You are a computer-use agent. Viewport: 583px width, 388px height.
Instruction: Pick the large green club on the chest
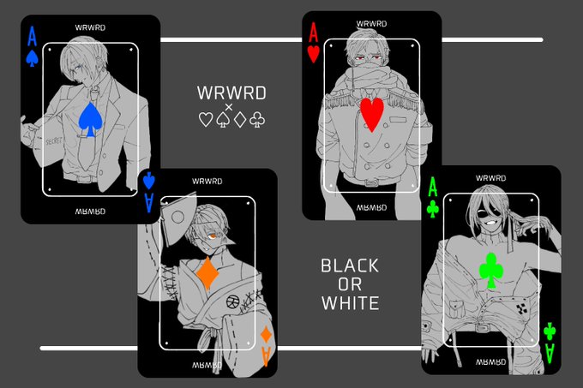tap(491, 271)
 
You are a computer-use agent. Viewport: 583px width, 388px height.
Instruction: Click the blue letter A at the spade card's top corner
tap(33, 36)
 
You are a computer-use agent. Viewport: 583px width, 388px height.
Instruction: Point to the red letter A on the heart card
tap(314, 32)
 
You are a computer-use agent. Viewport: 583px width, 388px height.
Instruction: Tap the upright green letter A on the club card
tap(433, 187)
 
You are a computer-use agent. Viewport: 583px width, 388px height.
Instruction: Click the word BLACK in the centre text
tap(350, 266)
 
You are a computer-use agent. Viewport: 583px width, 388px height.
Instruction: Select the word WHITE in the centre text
tap(351, 303)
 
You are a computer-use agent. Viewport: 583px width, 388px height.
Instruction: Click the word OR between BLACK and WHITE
tap(350, 284)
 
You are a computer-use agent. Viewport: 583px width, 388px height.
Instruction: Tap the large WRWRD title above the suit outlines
tap(231, 93)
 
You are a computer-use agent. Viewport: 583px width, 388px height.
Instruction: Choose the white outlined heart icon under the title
tap(206, 120)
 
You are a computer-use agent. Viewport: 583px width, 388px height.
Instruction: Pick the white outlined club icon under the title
tap(257, 120)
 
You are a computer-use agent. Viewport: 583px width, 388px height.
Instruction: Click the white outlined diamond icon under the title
tap(240, 120)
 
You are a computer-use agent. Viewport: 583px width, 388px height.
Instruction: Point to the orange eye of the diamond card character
tap(213, 236)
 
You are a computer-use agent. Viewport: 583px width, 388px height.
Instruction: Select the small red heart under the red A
tap(314, 54)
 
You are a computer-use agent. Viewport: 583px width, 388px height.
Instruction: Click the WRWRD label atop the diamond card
tap(207, 182)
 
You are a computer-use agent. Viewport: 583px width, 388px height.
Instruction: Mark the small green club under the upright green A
tap(433, 209)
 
